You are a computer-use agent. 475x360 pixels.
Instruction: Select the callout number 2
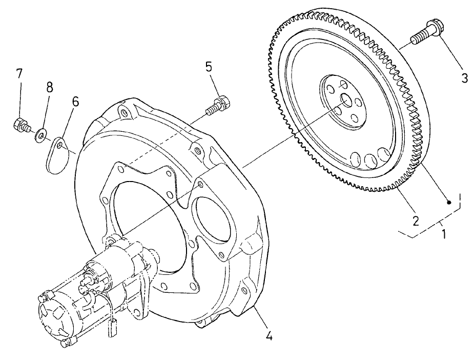[x=416, y=221]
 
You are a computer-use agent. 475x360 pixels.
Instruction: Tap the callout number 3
[x=464, y=78]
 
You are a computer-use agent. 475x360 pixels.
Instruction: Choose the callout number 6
[x=75, y=101]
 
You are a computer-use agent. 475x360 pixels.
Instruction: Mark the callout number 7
[x=19, y=73]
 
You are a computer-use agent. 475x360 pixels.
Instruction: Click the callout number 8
[x=49, y=87]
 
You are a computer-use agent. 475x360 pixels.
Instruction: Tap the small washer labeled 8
[x=40, y=136]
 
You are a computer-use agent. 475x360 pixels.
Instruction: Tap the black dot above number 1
[x=448, y=203]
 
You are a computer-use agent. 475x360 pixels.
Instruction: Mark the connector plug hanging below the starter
[x=112, y=328]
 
